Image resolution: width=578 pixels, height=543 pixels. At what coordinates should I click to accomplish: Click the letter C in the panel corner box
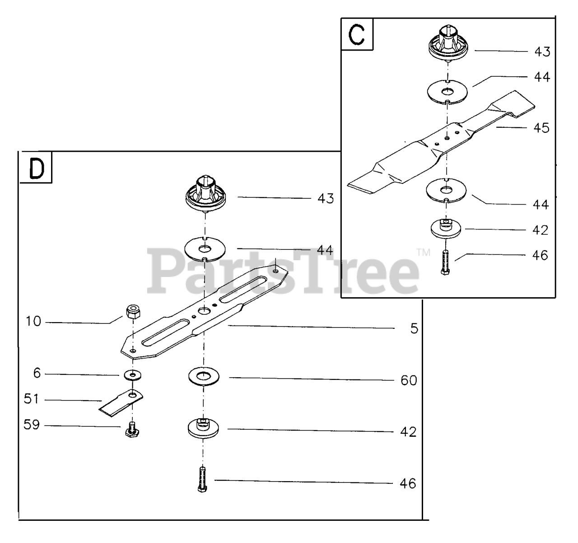coord(357,35)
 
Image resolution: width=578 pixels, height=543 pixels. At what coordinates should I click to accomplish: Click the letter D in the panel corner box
coord(36,168)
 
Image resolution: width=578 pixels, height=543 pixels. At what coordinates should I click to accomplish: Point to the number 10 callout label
coord(33,322)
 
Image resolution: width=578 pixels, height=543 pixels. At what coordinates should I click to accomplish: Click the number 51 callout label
coord(32,399)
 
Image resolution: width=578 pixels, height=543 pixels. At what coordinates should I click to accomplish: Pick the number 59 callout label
coord(32,425)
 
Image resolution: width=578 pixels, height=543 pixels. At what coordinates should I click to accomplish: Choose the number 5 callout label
coord(414,328)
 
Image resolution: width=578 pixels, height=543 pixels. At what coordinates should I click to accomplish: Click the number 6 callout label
coord(37,373)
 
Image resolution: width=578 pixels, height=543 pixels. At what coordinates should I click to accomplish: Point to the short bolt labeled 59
coord(132,429)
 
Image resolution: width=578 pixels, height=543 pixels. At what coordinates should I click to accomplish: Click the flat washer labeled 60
coord(203,375)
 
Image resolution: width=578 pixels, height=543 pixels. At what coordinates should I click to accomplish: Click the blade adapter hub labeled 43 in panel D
coord(205,193)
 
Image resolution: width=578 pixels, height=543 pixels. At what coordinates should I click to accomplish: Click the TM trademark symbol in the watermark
coord(424,252)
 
